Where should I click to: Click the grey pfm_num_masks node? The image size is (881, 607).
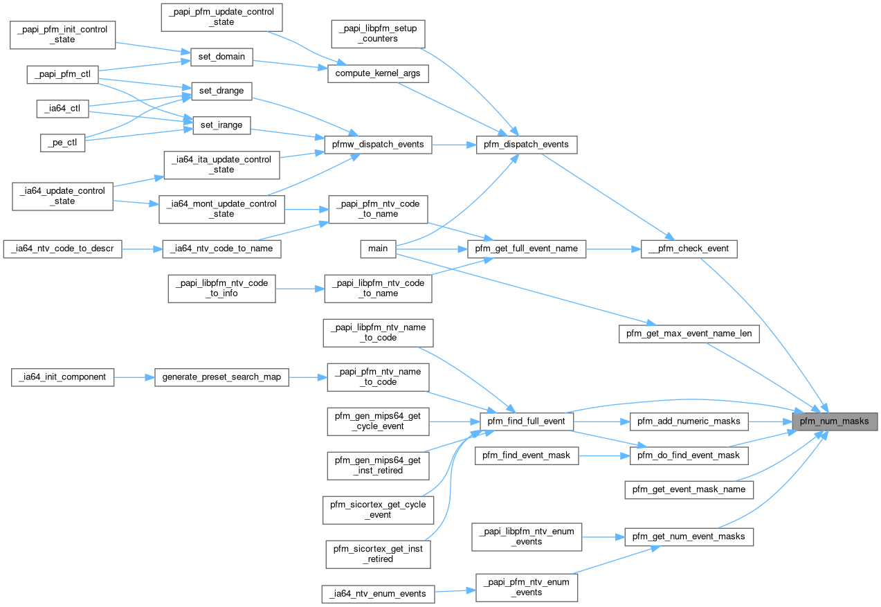point(836,421)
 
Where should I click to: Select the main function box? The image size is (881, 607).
point(378,249)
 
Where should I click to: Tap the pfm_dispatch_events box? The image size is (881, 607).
point(527,145)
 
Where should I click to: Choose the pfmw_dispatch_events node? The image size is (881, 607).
point(379,145)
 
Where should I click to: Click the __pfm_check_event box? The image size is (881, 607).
point(689,248)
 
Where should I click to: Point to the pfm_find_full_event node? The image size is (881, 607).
point(527,421)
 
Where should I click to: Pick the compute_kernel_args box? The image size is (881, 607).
point(377,73)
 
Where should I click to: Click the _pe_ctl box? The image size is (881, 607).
point(62,143)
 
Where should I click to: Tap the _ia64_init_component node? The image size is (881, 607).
point(63,377)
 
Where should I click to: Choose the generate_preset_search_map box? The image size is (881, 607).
point(221,377)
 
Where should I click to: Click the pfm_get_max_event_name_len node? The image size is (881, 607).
point(689,334)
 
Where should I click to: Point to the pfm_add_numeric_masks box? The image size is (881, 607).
point(689,421)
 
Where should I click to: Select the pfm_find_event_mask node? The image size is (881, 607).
point(527,455)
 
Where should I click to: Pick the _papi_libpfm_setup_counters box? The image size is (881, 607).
point(379,34)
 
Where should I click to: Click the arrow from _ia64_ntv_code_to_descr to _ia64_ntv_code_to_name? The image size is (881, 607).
point(141,248)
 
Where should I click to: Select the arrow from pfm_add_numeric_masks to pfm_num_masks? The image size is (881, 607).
point(770,421)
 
